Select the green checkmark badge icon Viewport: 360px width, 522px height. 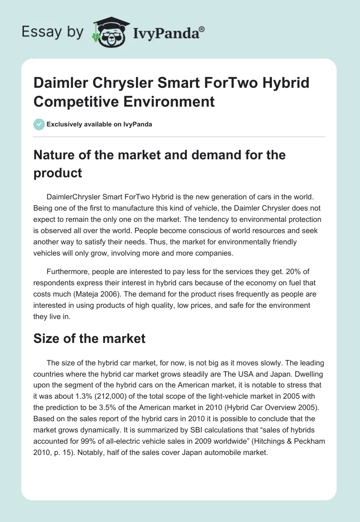tap(39, 124)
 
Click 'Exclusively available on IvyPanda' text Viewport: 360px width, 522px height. tap(99, 124)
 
